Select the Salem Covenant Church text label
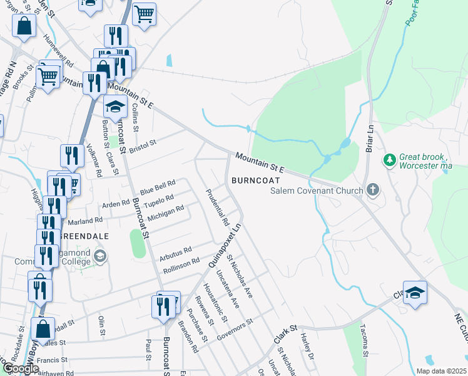tap(317, 191)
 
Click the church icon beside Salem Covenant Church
tap(374, 190)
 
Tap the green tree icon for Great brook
tap(390, 161)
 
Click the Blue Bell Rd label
tap(157, 187)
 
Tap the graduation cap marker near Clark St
tap(415, 293)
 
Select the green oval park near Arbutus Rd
tap(137, 243)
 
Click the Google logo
tap(21, 368)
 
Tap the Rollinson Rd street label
tap(181, 264)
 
